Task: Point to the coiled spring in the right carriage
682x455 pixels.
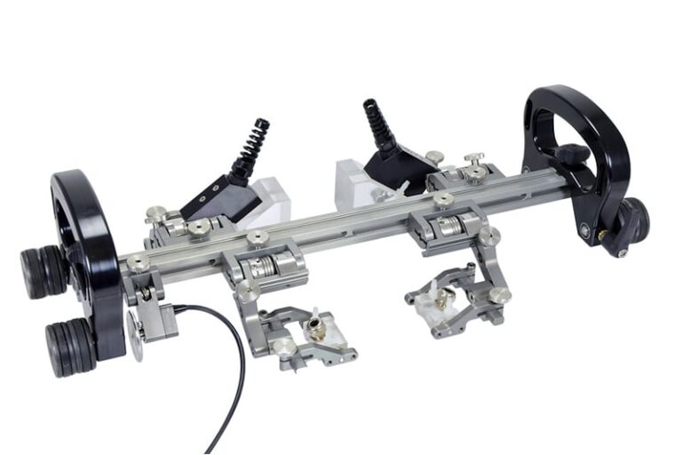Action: [448, 226]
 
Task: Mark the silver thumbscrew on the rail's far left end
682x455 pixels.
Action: [138, 262]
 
